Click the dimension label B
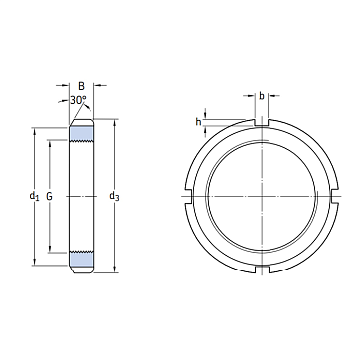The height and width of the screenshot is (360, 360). [x=81, y=86]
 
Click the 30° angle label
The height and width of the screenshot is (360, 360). [x=78, y=100]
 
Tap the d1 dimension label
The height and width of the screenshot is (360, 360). [x=34, y=196]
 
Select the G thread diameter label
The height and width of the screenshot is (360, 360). [x=49, y=197]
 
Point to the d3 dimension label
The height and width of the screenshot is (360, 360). [x=114, y=197]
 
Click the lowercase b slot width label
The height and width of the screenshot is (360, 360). [x=262, y=96]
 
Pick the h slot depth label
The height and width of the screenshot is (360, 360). [x=198, y=122]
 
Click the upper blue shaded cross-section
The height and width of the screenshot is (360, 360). [x=82, y=133]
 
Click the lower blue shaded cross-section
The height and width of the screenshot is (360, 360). [x=82, y=259]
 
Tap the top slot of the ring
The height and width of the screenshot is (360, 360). [x=262, y=123]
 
